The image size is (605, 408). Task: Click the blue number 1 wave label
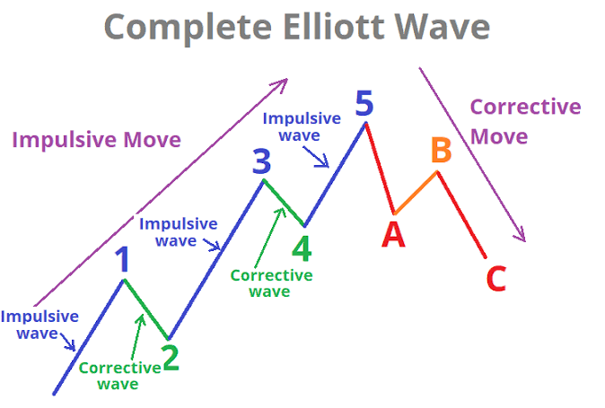pyautogui.click(x=123, y=259)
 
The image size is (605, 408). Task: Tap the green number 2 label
pyautogui.click(x=171, y=358)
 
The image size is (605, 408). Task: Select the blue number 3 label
pyautogui.click(x=261, y=161)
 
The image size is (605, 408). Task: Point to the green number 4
pyautogui.click(x=302, y=248)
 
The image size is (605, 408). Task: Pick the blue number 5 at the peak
pyautogui.click(x=364, y=103)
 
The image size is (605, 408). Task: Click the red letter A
pyautogui.click(x=393, y=234)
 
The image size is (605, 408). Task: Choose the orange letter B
pyautogui.click(x=442, y=150)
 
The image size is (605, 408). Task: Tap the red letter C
pyautogui.click(x=496, y=278)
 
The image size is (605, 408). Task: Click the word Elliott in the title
pyautogui.click(x=334, y=27)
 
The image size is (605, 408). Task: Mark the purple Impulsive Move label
pyautogui.click(x=96, y=140)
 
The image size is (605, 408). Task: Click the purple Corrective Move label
pyautogui.click(x=525, y=121)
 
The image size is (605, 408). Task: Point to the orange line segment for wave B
pyautogui.click(x=416, y=192)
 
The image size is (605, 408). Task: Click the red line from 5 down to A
pyautogui.click(x=380, y=168)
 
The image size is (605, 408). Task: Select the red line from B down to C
pyautogui.click(x=461, y=214)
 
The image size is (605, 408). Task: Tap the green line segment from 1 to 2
pyautogui.click(x=145, y=309)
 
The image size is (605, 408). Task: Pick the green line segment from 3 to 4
pyautogui.click(x=284, y=203)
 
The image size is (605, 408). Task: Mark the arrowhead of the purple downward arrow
pyautogui.click(x=522, y=236)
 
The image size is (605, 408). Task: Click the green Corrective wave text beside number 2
pyautogui.click(x=119, y=376)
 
